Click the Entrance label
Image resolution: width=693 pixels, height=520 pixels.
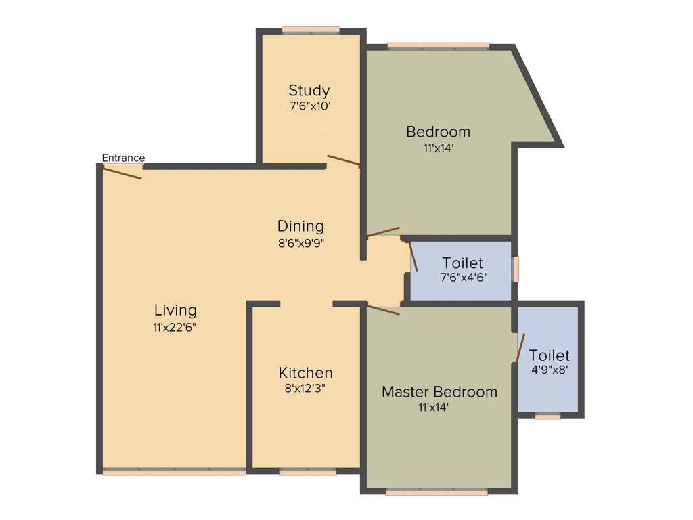(x=123, y=158)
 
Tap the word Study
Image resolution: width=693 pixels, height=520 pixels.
(x=309, y=90)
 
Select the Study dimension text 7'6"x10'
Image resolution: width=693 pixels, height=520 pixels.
(x=309, y=106)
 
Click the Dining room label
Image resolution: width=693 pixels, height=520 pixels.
(x=300, y=226)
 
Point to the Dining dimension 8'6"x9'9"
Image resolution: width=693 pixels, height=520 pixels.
(x=300, y=243)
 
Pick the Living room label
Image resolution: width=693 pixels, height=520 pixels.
(x=175, y=310)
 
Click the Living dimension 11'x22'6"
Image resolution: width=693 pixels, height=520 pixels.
(x=175, y=327)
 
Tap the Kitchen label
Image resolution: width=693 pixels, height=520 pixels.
(x=305, y=373)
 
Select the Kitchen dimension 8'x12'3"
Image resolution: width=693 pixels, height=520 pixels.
(x=305, y=389)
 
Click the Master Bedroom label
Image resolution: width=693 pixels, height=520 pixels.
(x=439, y=391)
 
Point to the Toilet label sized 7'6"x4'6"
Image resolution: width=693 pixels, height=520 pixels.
(x=462, y=263)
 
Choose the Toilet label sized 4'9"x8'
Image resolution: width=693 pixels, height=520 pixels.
(x=549, y=355)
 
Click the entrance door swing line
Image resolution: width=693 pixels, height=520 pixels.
(x=122, y=173)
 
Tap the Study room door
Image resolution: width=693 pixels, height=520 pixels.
(x=343, y=160)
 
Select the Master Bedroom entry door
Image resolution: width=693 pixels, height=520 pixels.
(x=383, y=310)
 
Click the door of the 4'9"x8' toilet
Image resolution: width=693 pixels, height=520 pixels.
(x=520, y=348)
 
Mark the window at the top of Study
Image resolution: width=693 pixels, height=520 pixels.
(x=311, y=30)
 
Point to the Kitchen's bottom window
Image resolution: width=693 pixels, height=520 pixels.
(x=307, y=472)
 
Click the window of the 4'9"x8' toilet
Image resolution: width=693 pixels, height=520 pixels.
(x=547, y=417)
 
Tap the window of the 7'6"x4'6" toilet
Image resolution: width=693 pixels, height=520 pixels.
(x=516, y=269)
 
